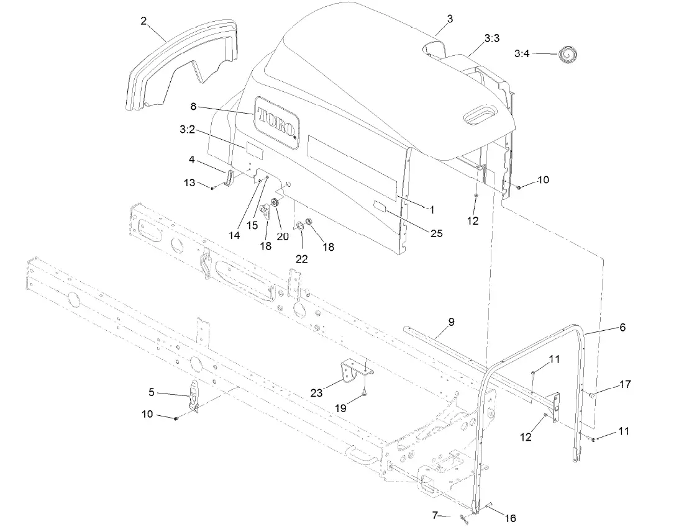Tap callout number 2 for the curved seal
coord(144,21)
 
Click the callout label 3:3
coord(491,38)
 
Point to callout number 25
coord(436,233)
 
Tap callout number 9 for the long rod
coord(451,322)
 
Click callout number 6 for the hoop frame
coord(622,327)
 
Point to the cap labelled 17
coord(593,395)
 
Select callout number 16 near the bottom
coord(509,518)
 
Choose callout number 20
coord(283,236)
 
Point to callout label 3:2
coord(188,130)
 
